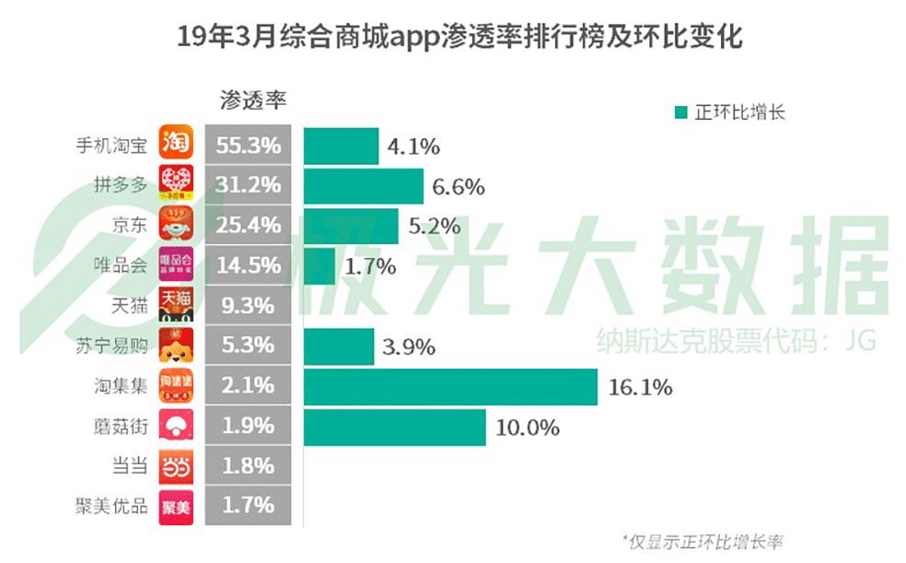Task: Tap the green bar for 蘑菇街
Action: click(394, 427)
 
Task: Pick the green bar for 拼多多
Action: click(363, 185)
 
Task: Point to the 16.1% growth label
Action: click(640, 387)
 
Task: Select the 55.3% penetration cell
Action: click(248, 145)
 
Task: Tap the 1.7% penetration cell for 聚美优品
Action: click(248, 505)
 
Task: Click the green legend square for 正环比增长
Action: click(680, 112)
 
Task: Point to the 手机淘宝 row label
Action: click(110, 146)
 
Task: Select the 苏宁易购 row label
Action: click(110, 346)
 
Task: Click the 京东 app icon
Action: click(176, 225)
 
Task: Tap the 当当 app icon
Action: click(176, 466)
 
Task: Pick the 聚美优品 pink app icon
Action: click(176, 506)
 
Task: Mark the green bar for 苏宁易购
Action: click(338, 346)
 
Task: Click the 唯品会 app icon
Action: click(176, 265)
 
